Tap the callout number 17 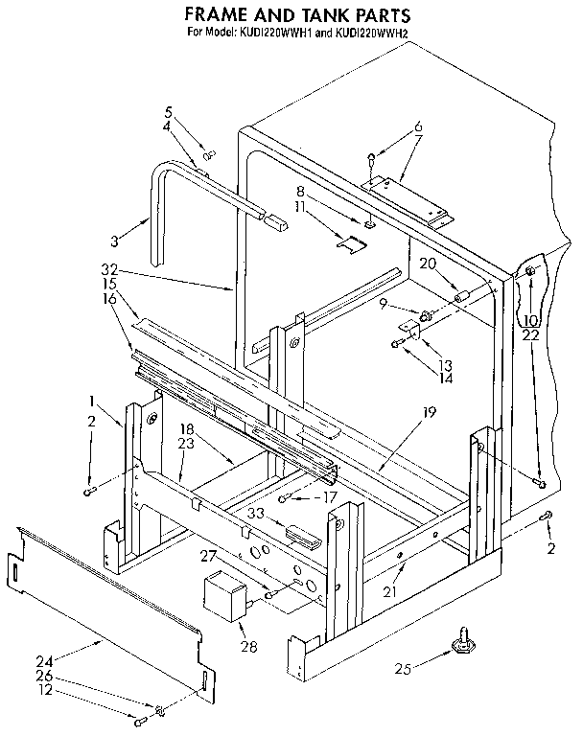point(330,496)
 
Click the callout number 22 point(530,334)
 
